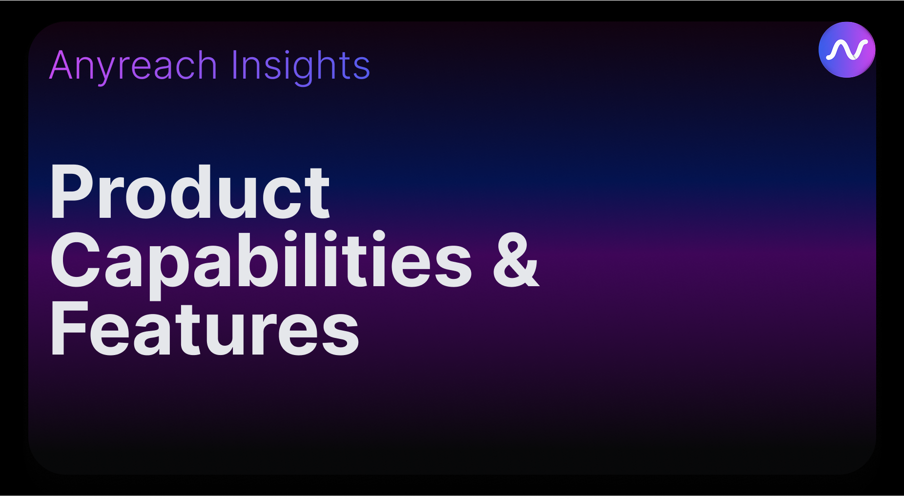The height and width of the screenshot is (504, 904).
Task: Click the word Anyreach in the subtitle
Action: [133, 65]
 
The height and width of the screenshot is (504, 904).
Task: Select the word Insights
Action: [300, 65]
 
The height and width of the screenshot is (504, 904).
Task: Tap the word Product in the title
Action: [189, 192]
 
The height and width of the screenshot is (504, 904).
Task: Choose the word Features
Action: [204, 329]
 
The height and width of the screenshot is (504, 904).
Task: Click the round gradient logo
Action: [846, 49]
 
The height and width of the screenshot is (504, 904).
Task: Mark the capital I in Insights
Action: [234, 65]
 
